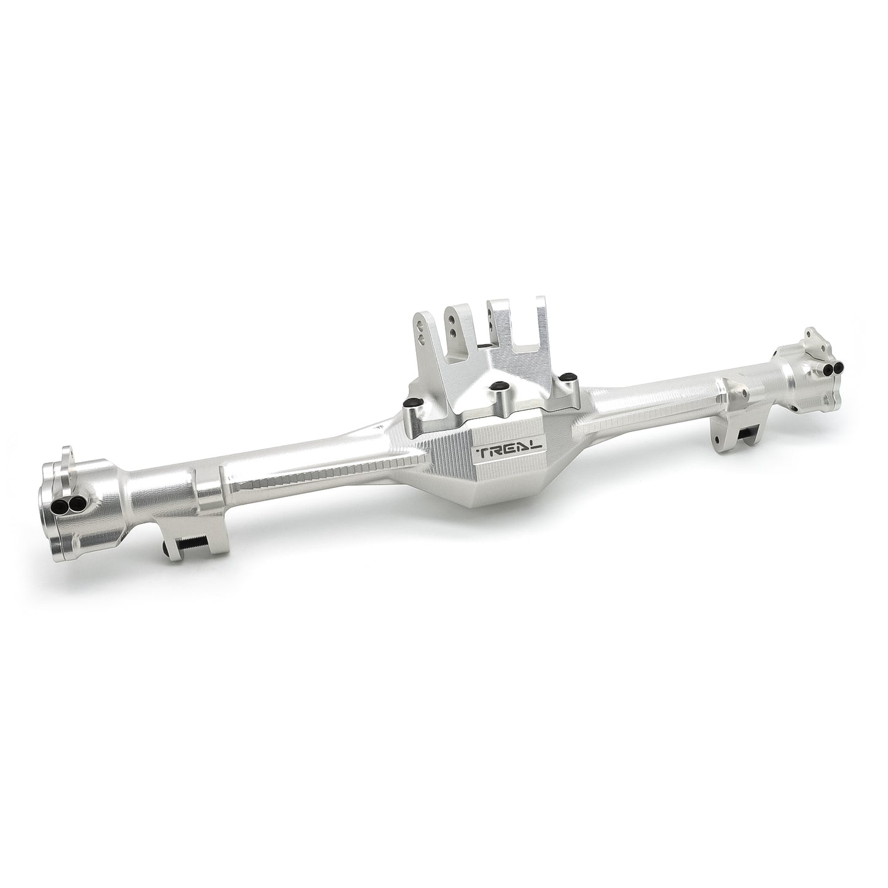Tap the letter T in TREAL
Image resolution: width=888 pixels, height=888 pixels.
pyautogui.click(x=482, y=454)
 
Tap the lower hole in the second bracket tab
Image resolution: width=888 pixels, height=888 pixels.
pyautogui.click(x=452, y=332)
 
